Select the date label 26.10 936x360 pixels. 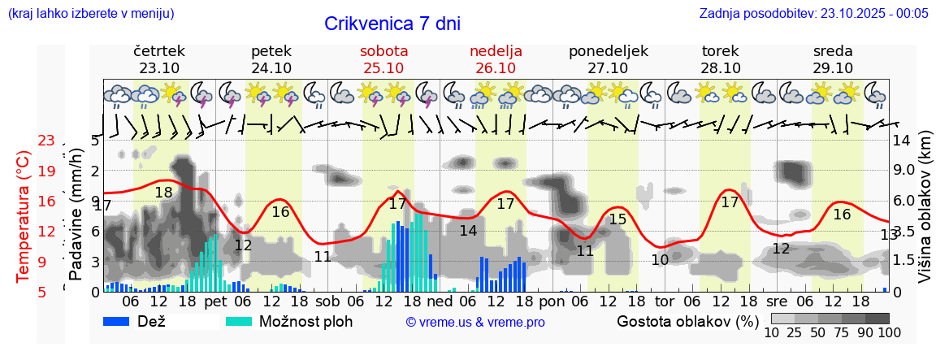click(x=496, y=67)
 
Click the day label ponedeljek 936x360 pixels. click(x=608, y=51)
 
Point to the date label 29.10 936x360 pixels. click(x=833, y=67)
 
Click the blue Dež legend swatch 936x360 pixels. click(x=122, y=321)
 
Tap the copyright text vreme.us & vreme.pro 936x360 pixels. click(x=475, y=323)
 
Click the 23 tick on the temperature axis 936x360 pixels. click(x=46, y=141)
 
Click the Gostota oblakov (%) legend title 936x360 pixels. click(x=687, y=321)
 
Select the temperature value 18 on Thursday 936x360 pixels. click(x=163, y=193)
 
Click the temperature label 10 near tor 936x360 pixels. click(x=660, y=260)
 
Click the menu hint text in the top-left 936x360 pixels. click(x=90, y=13)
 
